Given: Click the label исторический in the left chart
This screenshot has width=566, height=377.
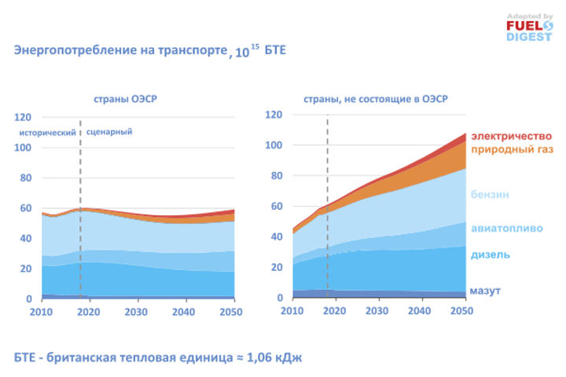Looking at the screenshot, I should tap(49, 132).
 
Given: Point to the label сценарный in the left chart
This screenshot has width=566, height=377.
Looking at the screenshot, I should tap(109, 132).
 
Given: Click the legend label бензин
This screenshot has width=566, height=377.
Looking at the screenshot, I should tap(491, 194).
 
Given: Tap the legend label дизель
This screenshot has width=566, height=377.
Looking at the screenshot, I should tap(491, 255).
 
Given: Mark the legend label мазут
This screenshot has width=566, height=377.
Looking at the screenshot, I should tap(485, 291).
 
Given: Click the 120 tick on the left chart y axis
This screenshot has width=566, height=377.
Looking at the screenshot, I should tap(23, 117).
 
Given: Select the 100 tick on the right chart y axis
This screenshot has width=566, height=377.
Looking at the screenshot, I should tap(274, 146).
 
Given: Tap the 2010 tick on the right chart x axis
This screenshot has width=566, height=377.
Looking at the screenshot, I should tap(292, 312).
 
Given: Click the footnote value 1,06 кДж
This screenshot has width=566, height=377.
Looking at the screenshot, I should tap(270, 357).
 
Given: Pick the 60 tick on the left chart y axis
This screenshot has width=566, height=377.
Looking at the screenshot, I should tap(25, 208).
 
